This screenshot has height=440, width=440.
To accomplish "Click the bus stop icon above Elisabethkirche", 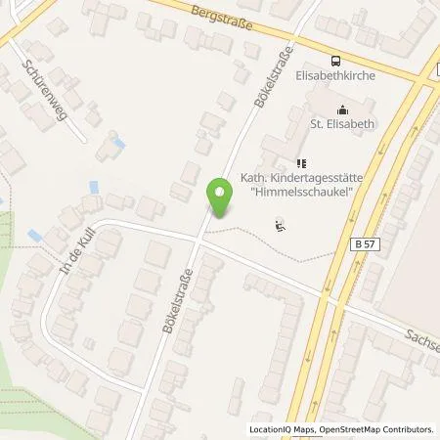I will click(x=334, y=59).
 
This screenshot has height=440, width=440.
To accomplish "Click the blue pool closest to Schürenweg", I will click(x=119, y=144).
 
